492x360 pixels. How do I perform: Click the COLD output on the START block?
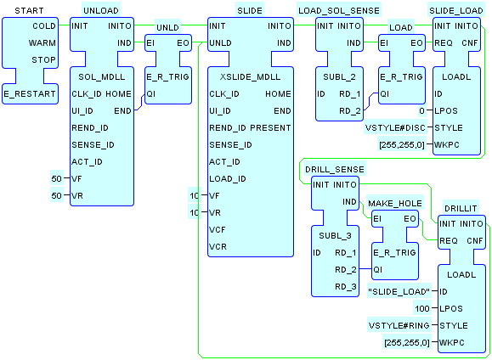44,26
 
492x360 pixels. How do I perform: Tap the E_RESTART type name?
30,93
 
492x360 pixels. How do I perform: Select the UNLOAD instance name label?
101,11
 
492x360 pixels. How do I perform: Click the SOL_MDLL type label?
102,76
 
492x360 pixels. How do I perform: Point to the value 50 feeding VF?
56,179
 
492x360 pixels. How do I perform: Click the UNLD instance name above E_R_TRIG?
168,28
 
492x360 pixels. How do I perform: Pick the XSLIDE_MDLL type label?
251,76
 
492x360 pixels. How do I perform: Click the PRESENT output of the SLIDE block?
270,128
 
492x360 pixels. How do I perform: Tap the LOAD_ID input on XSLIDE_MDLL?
228,179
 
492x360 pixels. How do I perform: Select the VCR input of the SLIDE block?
218,247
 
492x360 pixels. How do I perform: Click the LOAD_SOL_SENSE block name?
339,11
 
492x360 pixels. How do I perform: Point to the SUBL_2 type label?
340,76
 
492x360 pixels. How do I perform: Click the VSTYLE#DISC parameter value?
395,128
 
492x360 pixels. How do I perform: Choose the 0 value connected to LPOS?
421,110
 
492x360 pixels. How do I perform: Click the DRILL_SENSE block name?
335,170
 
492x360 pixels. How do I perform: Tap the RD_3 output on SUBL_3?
346,287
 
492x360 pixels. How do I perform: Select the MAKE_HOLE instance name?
395,204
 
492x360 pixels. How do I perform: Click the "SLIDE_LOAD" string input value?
399,291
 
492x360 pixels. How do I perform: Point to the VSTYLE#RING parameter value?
399,325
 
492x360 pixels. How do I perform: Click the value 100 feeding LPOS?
422,308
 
